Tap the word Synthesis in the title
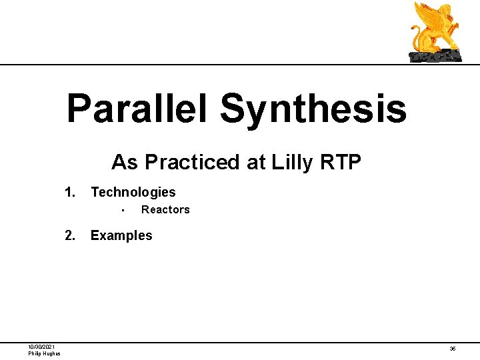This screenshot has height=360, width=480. [313, 109]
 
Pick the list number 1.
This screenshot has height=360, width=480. [69, 193]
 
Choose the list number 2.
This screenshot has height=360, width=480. [69, 235]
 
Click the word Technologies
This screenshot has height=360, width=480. [133, 193]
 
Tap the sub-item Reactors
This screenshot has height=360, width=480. [165, 210]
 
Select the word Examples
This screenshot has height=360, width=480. [121, 235]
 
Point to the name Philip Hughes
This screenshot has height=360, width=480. [44, 353]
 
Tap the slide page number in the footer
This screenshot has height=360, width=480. [453, 349]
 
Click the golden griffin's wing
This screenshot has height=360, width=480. [426, 17]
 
